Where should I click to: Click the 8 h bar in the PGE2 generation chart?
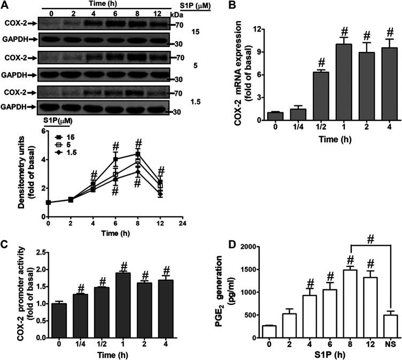click(335, 302)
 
